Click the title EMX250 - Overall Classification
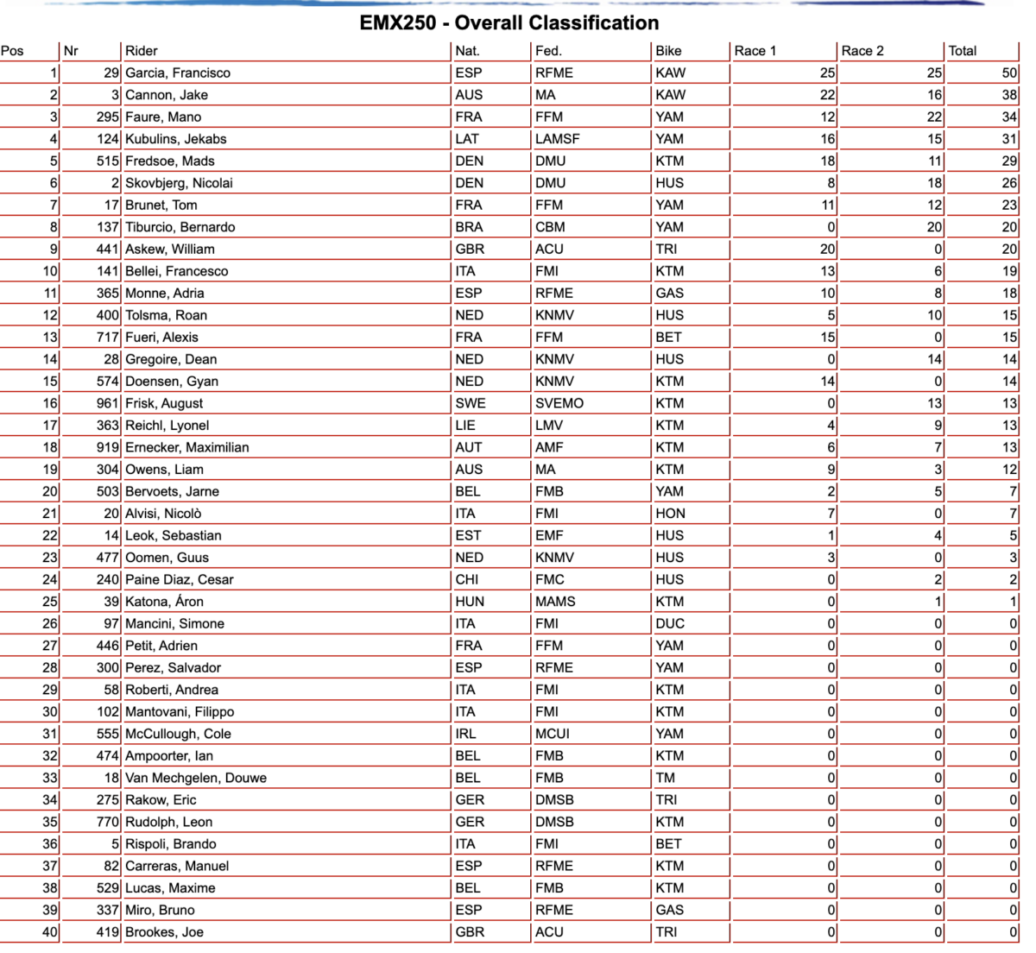coord(509,23)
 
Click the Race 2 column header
coord(862,51)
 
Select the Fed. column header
coord(548,51)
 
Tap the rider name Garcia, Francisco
coord(178,73)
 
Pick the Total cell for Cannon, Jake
coord(1008,95)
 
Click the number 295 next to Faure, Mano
coord(108,117)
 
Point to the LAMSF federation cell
coord(558,139)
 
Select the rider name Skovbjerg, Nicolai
coord(179,183)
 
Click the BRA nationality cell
coord(470,227)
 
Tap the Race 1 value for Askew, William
coord(827,249)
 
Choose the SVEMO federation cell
coord(559,403)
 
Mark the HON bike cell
coord(670,514)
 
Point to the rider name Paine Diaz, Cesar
coord(180,579)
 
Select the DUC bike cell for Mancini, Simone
coord(670,623)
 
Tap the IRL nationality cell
coord(466,734)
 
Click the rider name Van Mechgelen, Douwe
coord(196,778)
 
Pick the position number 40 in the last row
coord(50,932)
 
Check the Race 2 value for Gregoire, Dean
coord(934,359)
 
